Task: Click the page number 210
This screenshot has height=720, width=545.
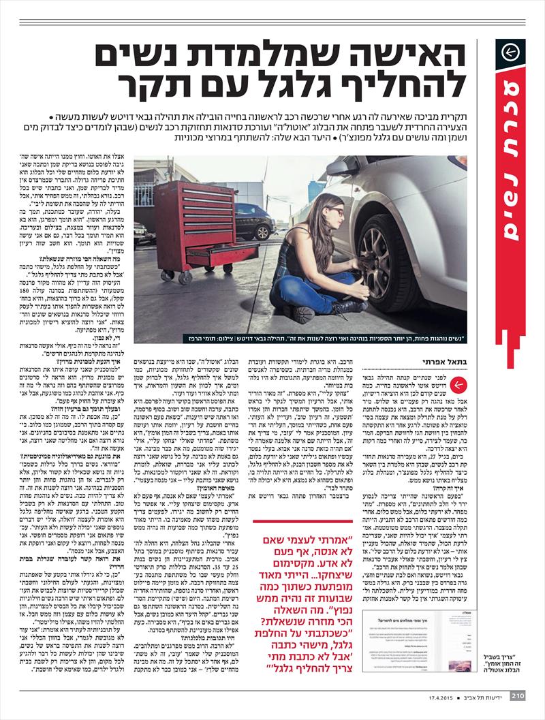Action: tap(517, 695)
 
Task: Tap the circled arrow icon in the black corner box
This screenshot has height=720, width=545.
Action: tap(511, 53)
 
